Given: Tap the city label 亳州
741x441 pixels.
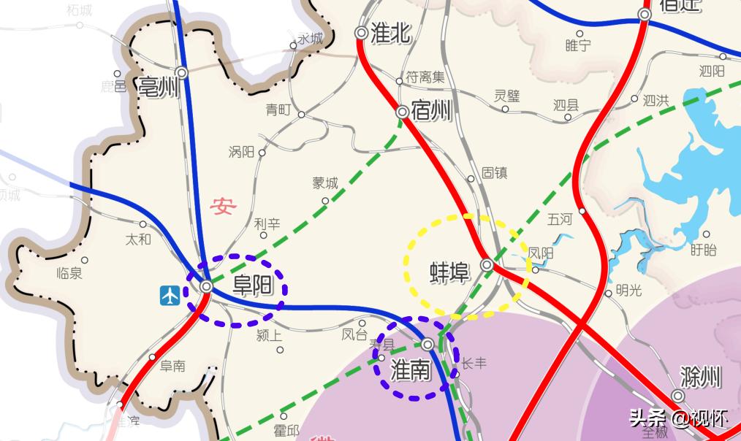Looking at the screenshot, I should tap(159, 88).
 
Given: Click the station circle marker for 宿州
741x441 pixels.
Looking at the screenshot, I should tap(402, 112).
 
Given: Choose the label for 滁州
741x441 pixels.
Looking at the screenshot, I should tap(700, 377).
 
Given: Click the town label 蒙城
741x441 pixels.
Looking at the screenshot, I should tap(325, 183).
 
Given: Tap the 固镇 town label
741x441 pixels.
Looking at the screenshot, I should tap(494, 173).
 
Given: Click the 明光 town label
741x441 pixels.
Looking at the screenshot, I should tap(628, 290).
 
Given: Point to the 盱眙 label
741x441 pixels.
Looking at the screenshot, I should tap(704, 250).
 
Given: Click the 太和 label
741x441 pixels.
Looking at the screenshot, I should tap(138, 239).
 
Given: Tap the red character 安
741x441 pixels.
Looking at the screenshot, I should tap(222, 207).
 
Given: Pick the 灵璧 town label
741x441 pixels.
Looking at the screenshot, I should tap(506, 95).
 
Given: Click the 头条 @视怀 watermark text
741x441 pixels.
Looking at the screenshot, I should tap(680, 418).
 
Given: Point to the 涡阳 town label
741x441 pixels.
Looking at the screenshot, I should tap(241, 152).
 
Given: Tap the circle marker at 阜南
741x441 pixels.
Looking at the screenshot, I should tap(152, 357).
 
